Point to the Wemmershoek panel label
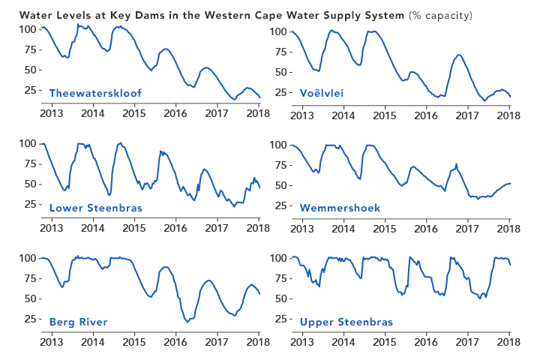[x=340, y=208]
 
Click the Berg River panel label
[x=78, y=322]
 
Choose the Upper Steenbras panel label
[x=346, y=322]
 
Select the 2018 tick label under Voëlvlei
[x=509, y=114]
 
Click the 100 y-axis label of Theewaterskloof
[x=28, y=29]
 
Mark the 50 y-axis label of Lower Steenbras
[x=31, y=184]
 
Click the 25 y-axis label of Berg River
[x=31, y=319]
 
